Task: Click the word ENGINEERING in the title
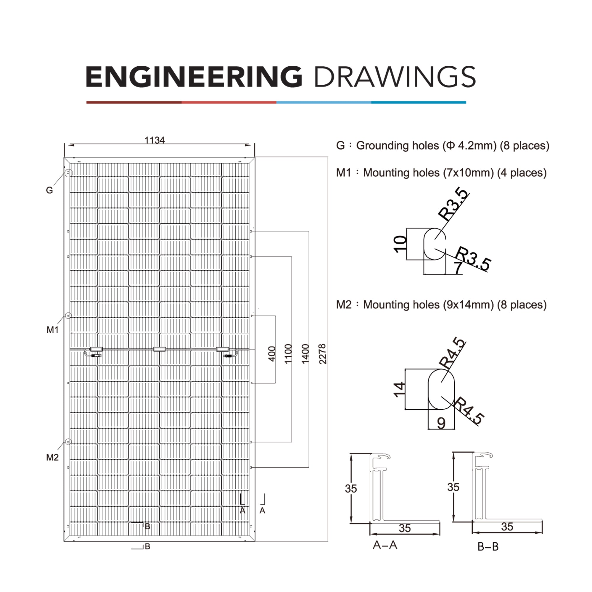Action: (194, 77)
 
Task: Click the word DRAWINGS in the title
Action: (395, 77)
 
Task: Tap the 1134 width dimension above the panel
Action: (155, 140)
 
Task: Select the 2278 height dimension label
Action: (323, 354)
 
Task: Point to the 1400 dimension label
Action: (305, 354)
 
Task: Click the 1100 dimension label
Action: (288, 354)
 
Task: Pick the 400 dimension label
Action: (272, 354)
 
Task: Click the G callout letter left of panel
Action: (49, 190)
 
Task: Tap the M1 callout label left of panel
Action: (52, 330)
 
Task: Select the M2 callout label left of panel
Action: (52, 458)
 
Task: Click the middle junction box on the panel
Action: (159, 349)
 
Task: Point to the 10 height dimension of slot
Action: (400, 244)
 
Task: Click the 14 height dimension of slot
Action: (399, 390)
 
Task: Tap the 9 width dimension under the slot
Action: (441, 423)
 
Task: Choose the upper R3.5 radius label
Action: (454, 205)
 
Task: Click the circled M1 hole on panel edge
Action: (68, 316)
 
